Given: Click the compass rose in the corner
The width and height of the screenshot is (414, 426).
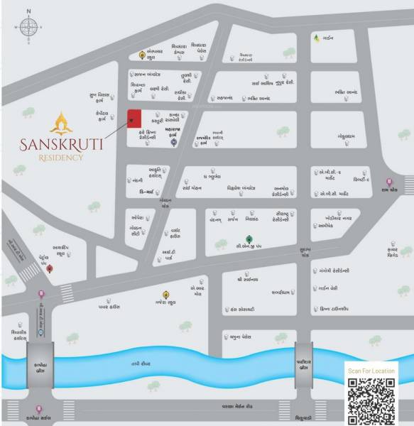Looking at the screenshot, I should point(28,28).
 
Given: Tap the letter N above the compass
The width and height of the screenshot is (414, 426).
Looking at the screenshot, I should point(28,11).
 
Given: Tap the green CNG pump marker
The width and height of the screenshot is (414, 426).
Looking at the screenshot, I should point(249,239).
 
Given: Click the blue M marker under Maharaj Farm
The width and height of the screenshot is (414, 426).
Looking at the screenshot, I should point(173,141).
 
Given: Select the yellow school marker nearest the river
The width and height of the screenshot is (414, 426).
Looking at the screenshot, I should point(165,293).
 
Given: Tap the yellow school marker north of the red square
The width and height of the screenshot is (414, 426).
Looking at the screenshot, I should point(142,55).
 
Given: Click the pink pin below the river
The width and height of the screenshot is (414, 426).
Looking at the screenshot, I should point(39,409).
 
